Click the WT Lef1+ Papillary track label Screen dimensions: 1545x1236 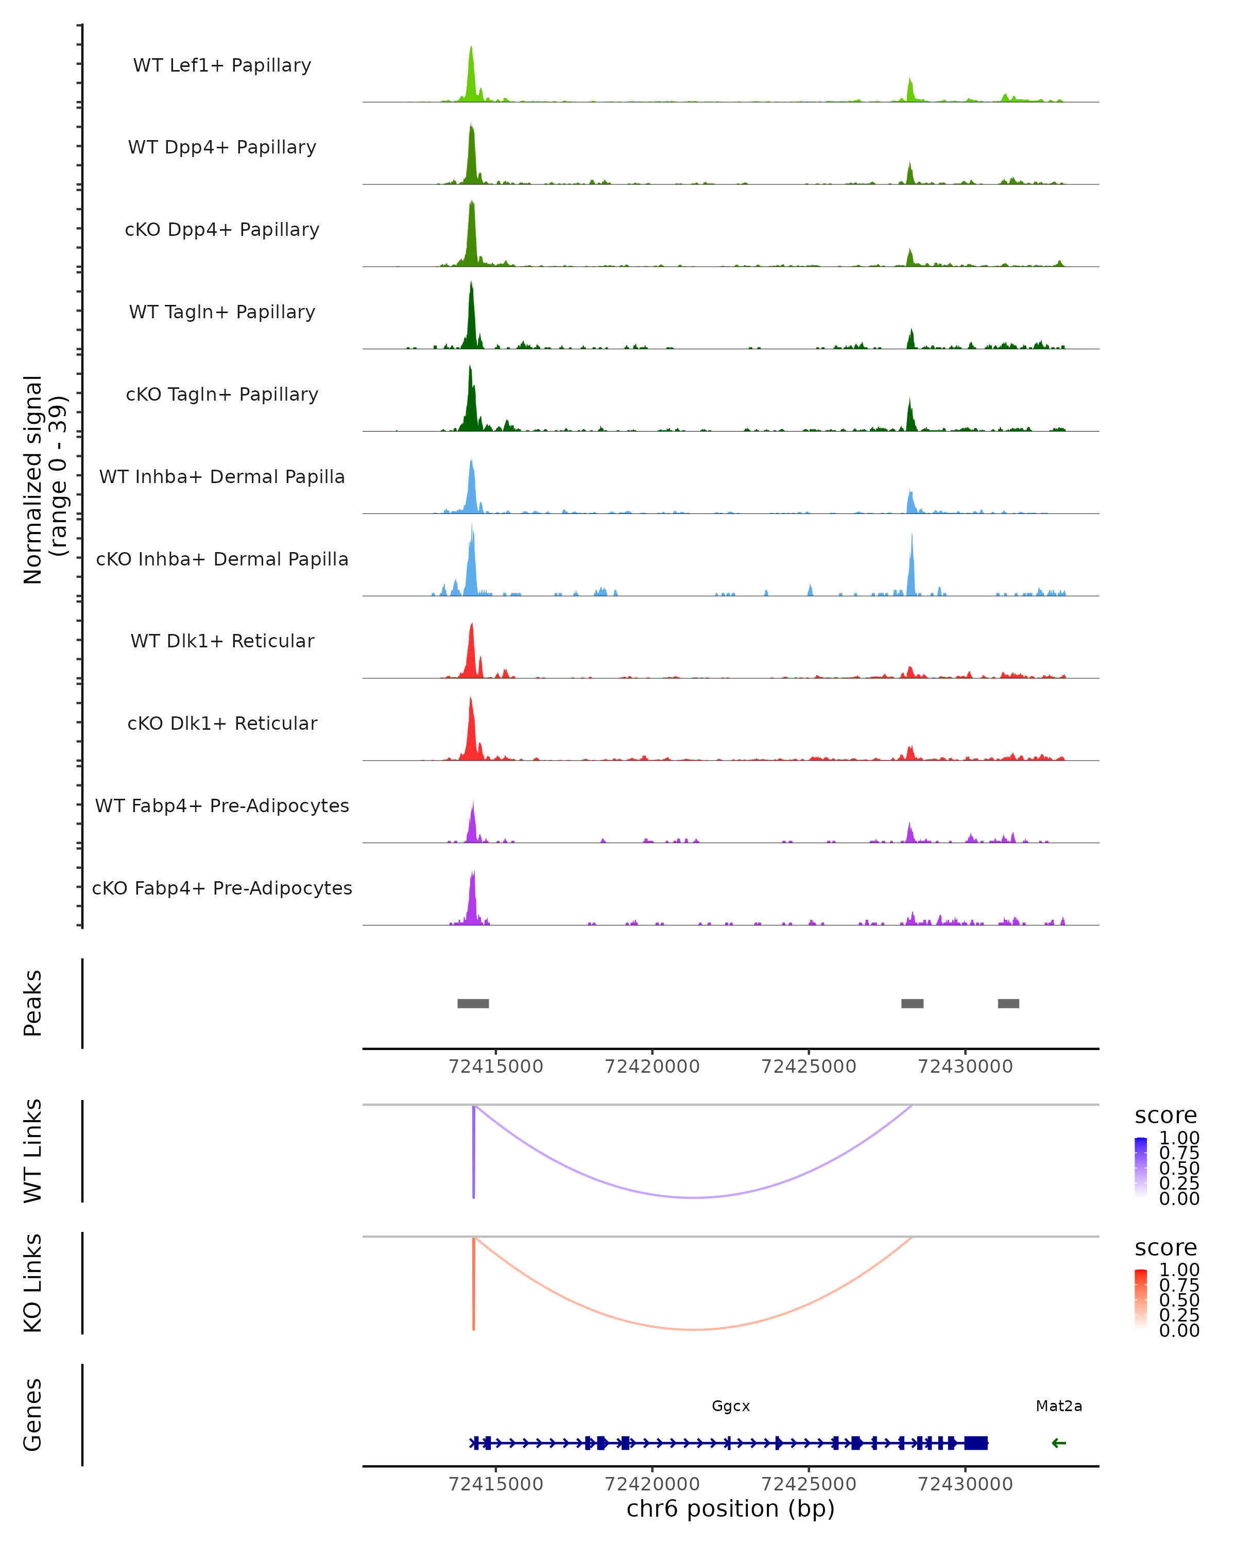[222, 65]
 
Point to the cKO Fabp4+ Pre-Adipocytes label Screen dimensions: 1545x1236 [222, 888]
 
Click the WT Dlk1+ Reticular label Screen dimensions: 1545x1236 [222, 641]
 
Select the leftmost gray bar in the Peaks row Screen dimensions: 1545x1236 [473, 1003]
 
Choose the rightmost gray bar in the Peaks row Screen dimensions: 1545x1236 [1008, 1003]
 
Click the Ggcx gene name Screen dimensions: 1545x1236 [730, 1406]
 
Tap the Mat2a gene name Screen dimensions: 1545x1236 [1058, 1406]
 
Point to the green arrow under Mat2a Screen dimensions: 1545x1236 [1058, 1443]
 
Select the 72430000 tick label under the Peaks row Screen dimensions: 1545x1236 [965, 1067]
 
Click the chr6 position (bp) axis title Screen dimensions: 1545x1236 [730, 1508]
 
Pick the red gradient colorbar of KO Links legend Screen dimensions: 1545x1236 [1141, 1299]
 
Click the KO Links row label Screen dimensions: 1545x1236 [33, 1283]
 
